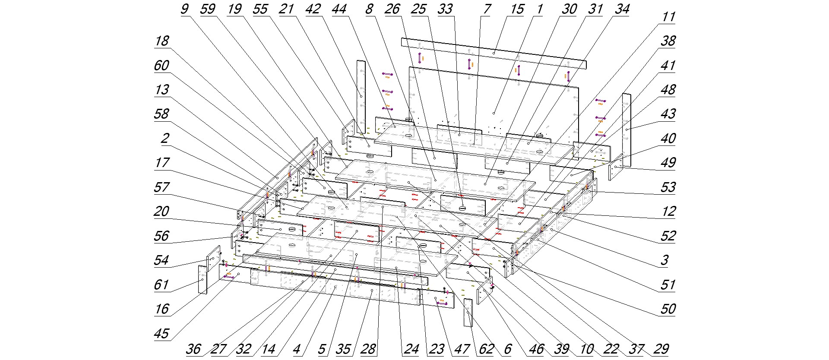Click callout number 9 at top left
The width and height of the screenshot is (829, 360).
(x=185, y=9)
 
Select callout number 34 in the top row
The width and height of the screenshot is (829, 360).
(x=622, y=9)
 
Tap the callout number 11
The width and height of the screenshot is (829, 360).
(x=668, y=17)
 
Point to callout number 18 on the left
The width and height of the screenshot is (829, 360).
(x=162, y=41)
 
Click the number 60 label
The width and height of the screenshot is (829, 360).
(x=162, y=66)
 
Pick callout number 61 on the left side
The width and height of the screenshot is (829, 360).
(x=161, y=285)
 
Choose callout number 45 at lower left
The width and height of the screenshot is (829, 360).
(x=161, y=334)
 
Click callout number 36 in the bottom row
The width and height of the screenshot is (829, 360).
(x=193, y=349)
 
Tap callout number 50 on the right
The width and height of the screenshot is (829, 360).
(x=668, y=309)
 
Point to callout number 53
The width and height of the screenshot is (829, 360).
(x=668, y=187)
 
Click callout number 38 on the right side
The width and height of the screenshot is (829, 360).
(x=668, y=41)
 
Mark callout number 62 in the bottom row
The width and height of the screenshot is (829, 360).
(x=487, y=349)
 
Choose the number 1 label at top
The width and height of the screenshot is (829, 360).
(x=540, y=9)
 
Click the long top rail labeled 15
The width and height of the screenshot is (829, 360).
(x=494, y=53)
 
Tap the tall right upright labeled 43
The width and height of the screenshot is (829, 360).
(x=626, y=129)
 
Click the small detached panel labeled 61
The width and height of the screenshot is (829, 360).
(x=203, y=280)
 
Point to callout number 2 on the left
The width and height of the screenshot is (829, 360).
(x=165, y=139)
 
